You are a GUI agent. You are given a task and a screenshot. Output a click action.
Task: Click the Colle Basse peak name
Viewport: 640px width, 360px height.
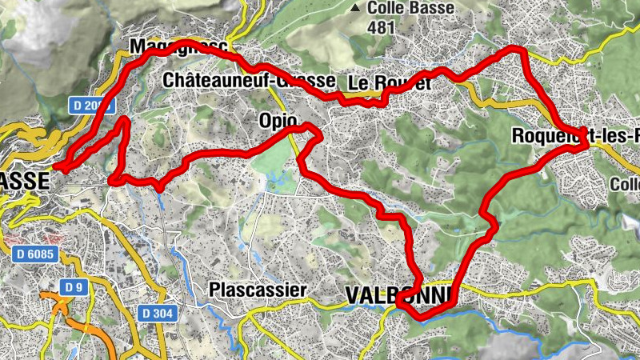(x=410, y=9)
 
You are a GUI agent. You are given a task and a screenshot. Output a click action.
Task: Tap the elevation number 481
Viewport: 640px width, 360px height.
(x=383, y=26)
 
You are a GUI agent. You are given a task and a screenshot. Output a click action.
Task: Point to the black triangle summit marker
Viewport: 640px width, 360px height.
(x=355, y=9)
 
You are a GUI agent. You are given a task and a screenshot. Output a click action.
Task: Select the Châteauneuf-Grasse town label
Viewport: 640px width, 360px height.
(x=248, y=80)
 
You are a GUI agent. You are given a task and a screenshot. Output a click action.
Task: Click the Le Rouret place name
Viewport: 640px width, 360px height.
(x=390, y=82)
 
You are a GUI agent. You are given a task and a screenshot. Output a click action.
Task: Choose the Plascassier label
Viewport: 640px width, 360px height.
(x=257, y=290)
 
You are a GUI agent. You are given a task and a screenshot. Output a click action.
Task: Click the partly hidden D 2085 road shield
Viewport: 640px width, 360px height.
(x=95, y=106)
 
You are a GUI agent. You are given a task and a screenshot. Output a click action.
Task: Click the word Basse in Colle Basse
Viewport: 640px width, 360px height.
(x=432, y=9)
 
